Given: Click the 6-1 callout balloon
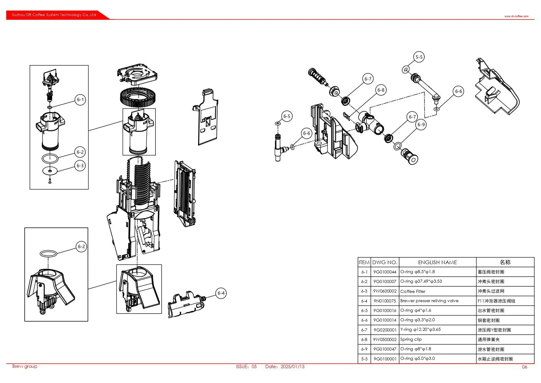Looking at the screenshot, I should pyautogui.click(x=80, y=100).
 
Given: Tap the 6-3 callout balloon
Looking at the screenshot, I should pyautogui.click(x=80, y=166).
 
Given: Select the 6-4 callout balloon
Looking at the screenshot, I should pyautogui.click(x=221, y=293).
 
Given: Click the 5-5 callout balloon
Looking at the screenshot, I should pyautogui.click(x=419, y=57).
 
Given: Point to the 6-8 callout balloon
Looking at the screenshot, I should pyautogui.click(x=381, y=90).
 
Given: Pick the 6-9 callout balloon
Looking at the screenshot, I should pyautogui.click(x=421, y=125).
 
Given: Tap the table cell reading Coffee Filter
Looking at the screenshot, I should pyautogui.click(x=413, y=291).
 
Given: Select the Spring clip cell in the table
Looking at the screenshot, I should pyautogui.click(x=411, y=339).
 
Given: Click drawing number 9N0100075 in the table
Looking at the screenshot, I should pyautogui.click(x=385, y=301).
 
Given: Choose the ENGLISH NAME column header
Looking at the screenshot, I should pyautogui.click(x=437, y=262).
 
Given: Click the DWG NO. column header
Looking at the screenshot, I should pyautogui.click(x=385, y=262).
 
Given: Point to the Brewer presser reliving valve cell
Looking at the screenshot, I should pyautogui.click(x=429, y=301).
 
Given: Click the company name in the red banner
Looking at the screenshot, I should pyautogui.click(x=54, y=15).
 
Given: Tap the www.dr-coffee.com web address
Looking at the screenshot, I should pyautogui.click(x=516, y=16).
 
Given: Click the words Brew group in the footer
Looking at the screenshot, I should pyautogui.click(x=25, y=366).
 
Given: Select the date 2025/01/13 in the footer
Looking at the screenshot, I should pyautogui.click(x=292, y=367).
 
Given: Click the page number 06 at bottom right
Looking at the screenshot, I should pyautogui.click(x=524, y=367).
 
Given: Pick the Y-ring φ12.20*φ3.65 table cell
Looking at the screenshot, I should pyautogui.click(x=420, y=330).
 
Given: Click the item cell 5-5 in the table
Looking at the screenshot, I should pyautogui.click(x=364, y=359).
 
